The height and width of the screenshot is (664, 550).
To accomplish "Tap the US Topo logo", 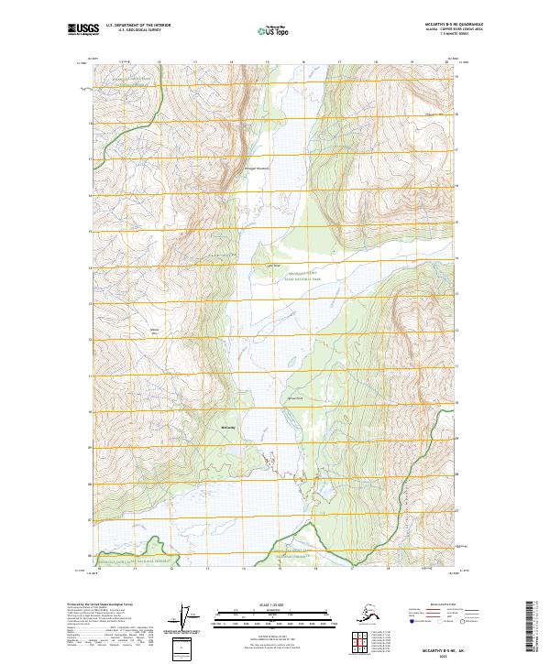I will click(274, 29).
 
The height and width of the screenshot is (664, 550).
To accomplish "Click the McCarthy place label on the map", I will click(229, 428).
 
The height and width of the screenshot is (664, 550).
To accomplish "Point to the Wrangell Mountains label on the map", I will click(258, 168).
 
